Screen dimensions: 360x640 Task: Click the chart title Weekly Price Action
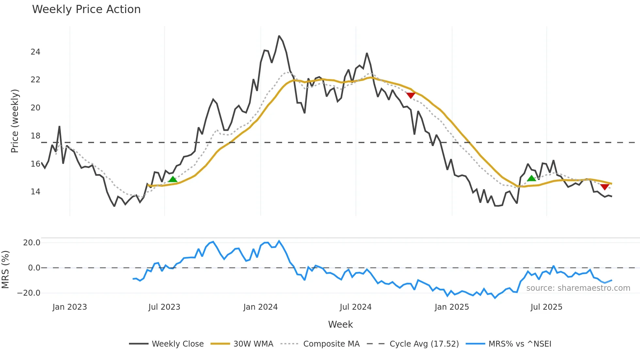86,9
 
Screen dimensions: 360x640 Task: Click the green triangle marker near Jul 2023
173,179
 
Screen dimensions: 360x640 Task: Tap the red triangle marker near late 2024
410,95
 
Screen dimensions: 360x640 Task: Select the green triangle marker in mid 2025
531,178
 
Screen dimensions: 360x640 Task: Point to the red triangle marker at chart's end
604,187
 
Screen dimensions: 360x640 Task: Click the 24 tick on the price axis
35,52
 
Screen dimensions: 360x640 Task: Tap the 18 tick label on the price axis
35,136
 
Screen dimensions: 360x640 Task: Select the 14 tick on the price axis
35,192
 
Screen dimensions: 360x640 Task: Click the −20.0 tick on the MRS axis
29,293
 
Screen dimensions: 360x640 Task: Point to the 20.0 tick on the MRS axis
32,243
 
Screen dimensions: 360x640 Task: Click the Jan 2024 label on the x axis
260,307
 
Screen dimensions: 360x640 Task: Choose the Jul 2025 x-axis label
546,307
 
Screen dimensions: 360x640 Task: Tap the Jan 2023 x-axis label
70,307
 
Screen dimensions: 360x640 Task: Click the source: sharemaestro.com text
578,288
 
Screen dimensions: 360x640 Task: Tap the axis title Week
340,324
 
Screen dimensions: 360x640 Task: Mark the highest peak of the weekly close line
279,36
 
